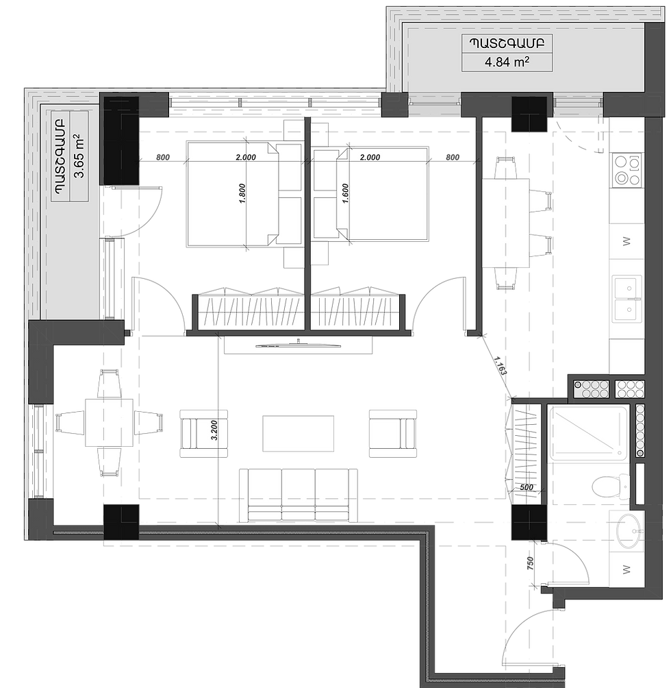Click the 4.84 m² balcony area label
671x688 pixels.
click(x=507, y=62)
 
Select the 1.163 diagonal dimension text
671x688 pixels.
click(x=500, y=365)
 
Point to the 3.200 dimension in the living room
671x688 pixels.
click(x=214, y=430)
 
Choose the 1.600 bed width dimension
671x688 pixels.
click(x=345, y=193)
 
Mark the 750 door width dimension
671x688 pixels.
click(x=530, y=563)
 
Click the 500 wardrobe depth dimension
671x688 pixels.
click(x=527, y=487)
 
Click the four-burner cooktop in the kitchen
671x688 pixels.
click(x=626, y=170)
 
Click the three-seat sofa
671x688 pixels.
click(x=298, y=495)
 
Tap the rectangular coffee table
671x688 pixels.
click(x=298, y=434)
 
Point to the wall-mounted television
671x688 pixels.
click(x=298, y=345)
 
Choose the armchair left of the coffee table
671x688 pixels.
click(x=204, y=434)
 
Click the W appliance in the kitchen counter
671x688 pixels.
click(x=626, y=241)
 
